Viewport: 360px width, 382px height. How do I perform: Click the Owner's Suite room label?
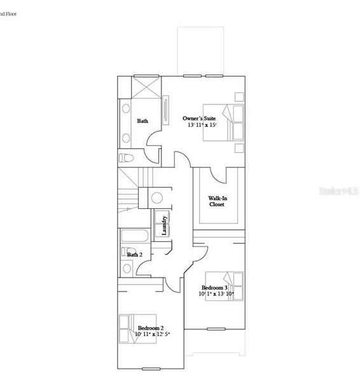click(x=199, y=118)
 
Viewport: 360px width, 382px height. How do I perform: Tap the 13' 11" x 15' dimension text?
click(x=202, y=126)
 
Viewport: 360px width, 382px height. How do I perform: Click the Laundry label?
click(x=165, y=225)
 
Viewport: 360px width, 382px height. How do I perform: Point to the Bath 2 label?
click(x=134, y=255)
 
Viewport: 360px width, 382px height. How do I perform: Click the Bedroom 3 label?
click(x=215, y=288)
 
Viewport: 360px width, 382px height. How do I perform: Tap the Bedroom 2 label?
click(x=151, y=327)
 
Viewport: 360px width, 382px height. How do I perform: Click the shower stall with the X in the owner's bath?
click(x=147, y=87)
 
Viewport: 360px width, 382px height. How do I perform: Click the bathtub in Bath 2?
click(x=134, y=237)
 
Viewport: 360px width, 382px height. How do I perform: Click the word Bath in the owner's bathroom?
click(x=142, y=121)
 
